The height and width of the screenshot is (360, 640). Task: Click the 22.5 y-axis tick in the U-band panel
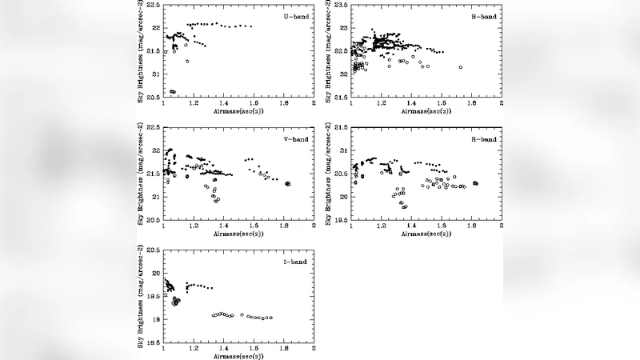152,6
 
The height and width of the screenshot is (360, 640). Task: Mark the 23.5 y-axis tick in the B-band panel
341,6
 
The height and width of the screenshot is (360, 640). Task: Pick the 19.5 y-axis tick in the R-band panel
341,220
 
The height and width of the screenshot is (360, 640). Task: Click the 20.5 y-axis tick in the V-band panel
152,220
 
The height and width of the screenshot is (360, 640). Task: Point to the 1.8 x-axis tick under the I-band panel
283,350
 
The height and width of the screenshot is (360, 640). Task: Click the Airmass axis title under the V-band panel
239,234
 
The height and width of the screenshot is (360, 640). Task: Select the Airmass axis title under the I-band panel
239,356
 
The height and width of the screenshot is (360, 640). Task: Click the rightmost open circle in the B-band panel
461,67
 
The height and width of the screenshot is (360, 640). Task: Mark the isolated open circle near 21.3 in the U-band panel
187,61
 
